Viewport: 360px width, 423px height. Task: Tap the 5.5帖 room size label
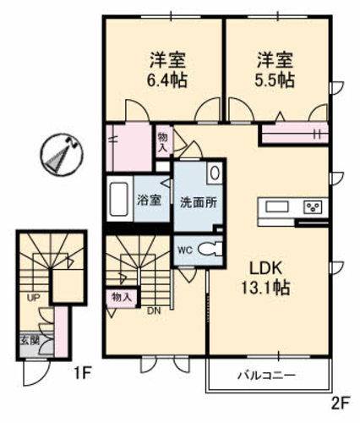pos(275,81)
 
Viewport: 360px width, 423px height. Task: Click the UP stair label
pos(33,298)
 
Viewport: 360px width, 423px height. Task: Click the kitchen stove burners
pos(313,207)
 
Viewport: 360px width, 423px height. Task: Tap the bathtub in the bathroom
pos(118,201)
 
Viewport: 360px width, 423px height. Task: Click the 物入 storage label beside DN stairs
pos(122,297)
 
